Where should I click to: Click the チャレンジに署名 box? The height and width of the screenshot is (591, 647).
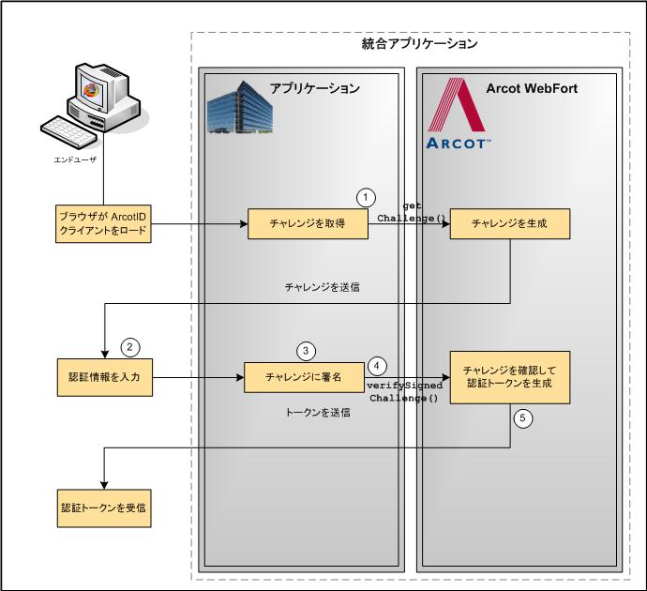click(x=303, y=378)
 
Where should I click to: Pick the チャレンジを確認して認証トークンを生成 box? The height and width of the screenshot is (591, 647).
click(x=509, y=377)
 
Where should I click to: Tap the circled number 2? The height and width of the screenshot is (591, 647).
click(x=131, y=346)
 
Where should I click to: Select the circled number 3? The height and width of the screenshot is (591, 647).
click(x=306, y=350)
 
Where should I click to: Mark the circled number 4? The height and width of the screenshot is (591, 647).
click(x=377, y=365)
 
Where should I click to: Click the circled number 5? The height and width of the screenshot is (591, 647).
click(x=525, y=418)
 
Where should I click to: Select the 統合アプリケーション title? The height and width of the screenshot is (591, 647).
click(x=419, y=44)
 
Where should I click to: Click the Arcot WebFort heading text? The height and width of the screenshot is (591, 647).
click(x=532, y=88)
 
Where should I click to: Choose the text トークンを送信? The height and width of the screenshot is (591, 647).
click(x=318, y=413)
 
